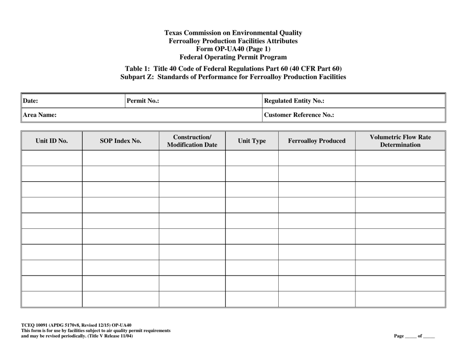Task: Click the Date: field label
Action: tap(31, 101)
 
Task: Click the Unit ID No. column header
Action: tap(52, 141)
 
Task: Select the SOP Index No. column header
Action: tap(120, 141)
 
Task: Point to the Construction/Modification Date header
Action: tap(192, 141)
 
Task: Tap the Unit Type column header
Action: tap(252, 141)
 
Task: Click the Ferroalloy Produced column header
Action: tap(317, 141)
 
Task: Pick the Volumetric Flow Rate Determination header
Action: tap(400, 141)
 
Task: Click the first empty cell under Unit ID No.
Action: tap(52, 158)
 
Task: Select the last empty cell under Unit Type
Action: tap(252, 299)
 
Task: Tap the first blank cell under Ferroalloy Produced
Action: tap(317, 158)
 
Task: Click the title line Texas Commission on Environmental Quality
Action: tap(233, 33)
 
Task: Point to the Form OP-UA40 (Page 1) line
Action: tap(233, 49)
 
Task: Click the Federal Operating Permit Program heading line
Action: tap(233, 56)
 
